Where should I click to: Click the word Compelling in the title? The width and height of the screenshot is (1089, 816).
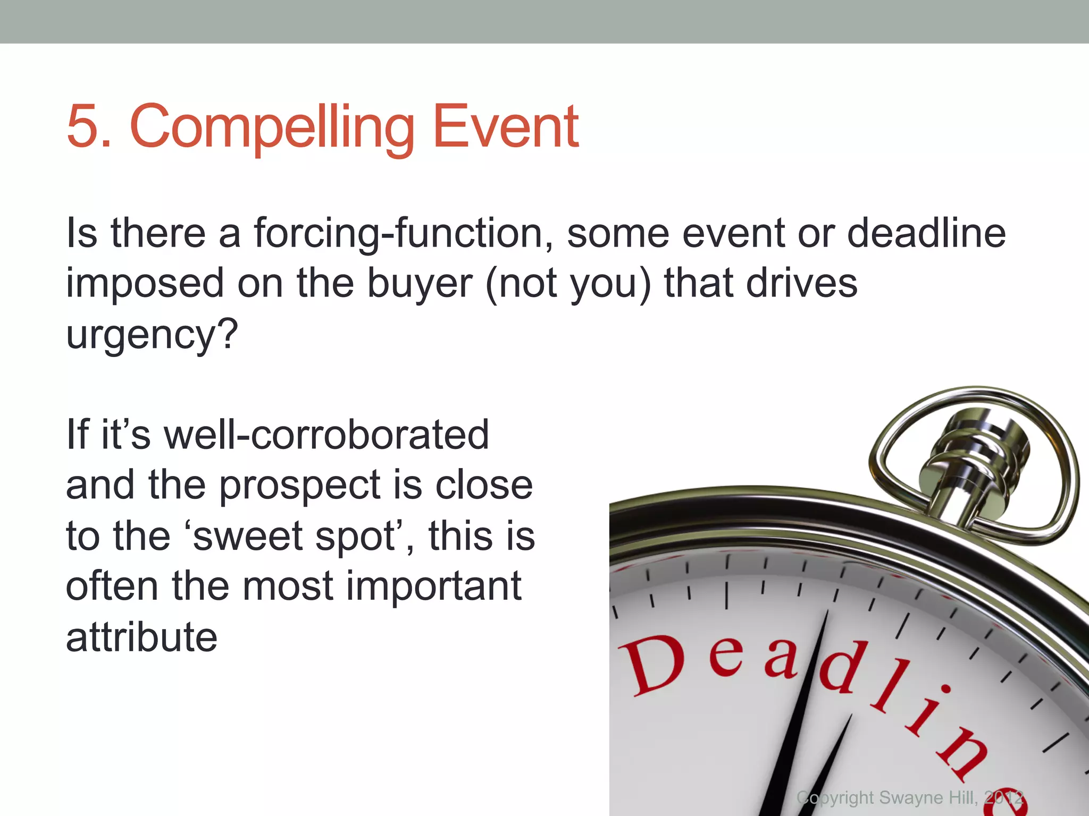272,127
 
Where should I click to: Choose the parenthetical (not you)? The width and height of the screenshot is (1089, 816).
568,284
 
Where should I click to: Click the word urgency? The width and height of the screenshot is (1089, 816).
152,335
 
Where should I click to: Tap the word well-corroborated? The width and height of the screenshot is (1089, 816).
326,435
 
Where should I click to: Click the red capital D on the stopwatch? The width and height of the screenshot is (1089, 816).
653,665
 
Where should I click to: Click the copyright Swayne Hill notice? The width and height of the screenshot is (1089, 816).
909,797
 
